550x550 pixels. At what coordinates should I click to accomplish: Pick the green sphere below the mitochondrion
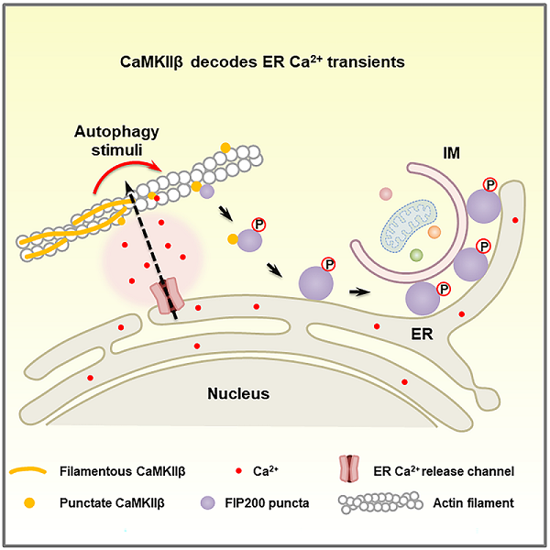[416, 255]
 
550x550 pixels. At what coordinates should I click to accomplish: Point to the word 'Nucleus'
[238, 394]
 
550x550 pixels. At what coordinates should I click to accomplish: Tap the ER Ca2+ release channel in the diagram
[167, 296]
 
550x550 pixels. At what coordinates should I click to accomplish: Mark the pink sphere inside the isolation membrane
[386, 194]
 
